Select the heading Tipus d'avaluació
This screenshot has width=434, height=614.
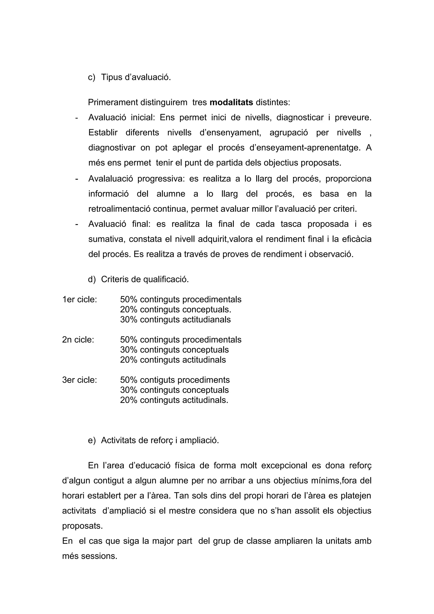(136, 77)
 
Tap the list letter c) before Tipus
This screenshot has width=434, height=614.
(92, 77)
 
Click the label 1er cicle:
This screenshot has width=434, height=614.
(79, 300)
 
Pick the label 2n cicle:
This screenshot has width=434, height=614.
(78, 340)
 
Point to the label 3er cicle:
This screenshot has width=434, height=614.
(79, 380)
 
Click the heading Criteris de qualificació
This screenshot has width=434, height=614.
(145, 279)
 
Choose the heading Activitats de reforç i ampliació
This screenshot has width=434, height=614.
(160, 440)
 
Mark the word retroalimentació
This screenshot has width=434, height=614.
(120, 209)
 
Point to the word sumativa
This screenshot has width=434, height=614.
(106, 239)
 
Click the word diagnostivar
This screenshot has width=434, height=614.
(112, 148)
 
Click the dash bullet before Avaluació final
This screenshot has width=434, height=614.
(77, 224)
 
